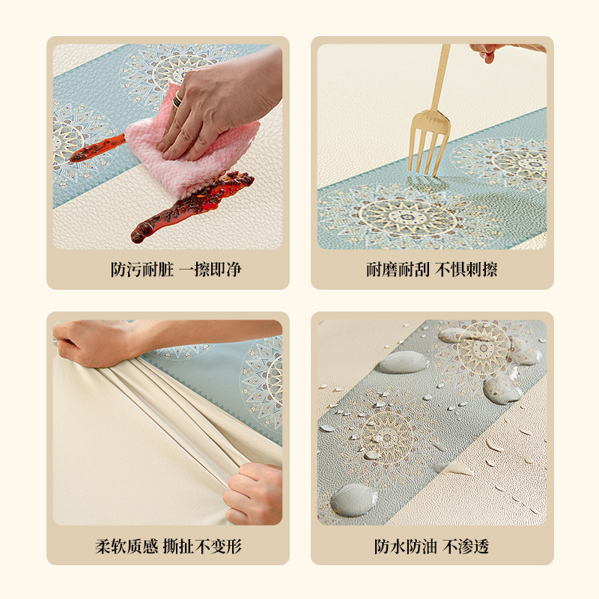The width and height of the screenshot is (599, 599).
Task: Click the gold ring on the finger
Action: [177, 101]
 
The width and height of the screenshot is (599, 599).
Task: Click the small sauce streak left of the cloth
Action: [97, 148]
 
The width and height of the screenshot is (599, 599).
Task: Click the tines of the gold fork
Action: [428, 142]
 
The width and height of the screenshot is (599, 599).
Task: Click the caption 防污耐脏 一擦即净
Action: [176, 270]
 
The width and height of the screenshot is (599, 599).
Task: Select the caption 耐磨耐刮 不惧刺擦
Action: [432, 270]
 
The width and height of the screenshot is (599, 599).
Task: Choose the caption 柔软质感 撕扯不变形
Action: [168, 547]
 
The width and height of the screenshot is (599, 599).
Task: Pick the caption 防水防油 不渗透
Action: [432, 547]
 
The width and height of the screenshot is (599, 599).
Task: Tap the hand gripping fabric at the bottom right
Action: [253, 493]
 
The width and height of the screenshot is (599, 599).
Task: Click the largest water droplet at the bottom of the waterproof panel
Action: [353, 499]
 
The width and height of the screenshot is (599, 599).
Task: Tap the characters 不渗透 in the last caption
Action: [466, 547]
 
